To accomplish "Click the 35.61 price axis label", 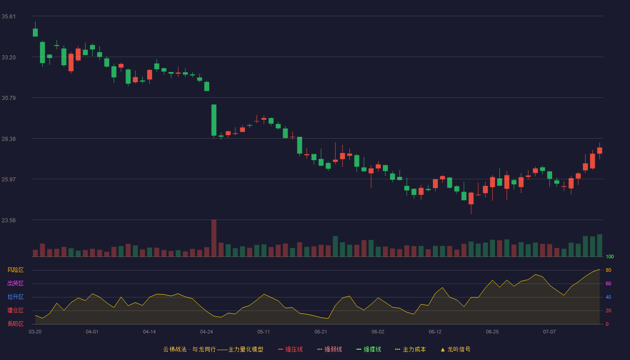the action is tap(9, 17).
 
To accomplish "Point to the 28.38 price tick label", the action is tap(9, 139).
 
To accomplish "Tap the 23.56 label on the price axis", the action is tap(9, 220).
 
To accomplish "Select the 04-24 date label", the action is tap(207, 332).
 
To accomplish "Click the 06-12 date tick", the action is tap(435, 332).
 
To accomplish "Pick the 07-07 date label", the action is tap(549, 332).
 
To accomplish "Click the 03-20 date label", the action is tap(35, 332).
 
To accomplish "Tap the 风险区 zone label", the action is tap(15, 270).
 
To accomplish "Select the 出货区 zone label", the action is tap(15, 283).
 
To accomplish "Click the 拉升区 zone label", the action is tap(15, 297).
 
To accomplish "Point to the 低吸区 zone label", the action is tap(15, 324).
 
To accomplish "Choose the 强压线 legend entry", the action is tap(290, 349).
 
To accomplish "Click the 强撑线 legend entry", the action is tap(369, 349).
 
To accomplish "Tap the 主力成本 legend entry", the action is tap(410, 349).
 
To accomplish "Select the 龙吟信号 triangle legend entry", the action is tap(455, 349).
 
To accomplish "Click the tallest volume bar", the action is tap(214, 238).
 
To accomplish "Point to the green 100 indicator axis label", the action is tap(610, 256).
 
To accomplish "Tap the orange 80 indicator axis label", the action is tap(608, 270).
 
